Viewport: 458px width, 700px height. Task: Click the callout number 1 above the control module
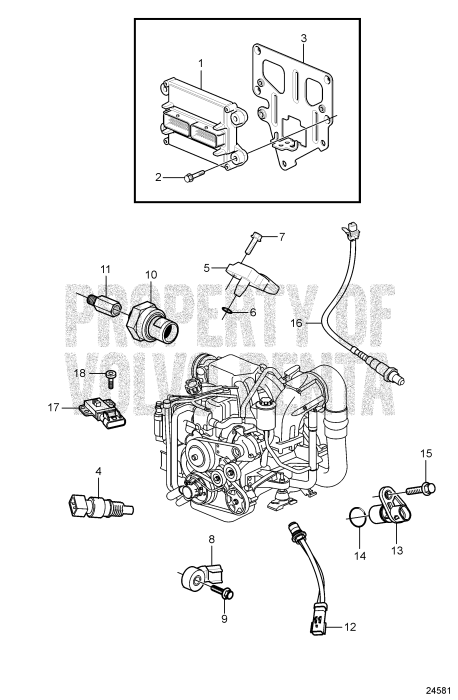tap(200, 62)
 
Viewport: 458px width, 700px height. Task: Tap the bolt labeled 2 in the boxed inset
tap(190, 177)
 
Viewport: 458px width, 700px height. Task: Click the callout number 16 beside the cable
tap(296, 323)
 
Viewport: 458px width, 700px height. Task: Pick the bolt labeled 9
tap(226, 593)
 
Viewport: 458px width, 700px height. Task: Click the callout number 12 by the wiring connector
tap(349, 628)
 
